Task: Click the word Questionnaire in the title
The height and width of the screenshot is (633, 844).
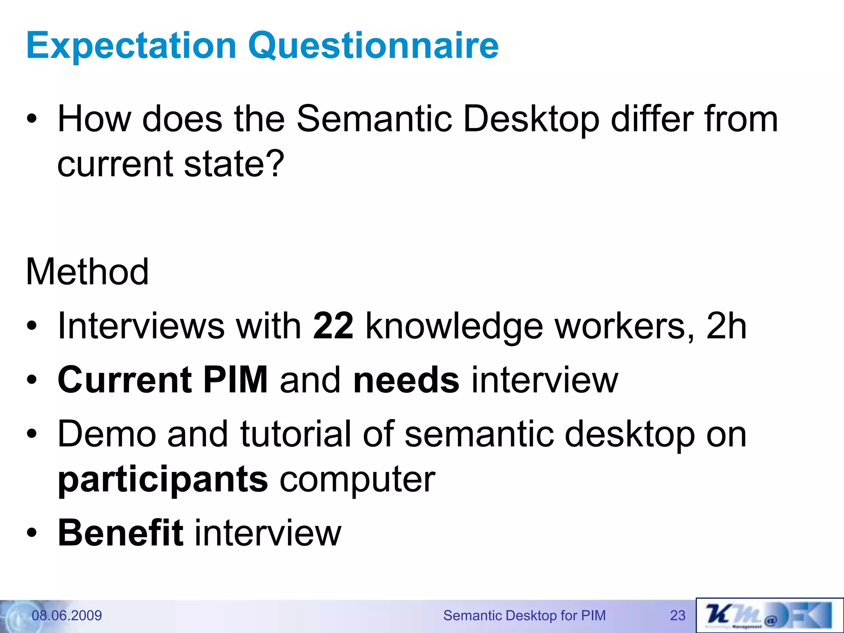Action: (373, 46)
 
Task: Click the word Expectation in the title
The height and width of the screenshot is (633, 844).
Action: (131, 46)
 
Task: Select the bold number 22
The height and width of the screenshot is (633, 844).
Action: (333, 326)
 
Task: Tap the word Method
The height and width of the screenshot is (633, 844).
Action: (87, 272)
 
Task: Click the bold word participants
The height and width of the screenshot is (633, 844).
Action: (163, 479)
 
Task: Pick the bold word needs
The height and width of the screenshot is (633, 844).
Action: (406, 380)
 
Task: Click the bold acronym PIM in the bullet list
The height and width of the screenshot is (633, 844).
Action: (235, 380)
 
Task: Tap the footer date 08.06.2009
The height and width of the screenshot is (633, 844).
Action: (67, 616)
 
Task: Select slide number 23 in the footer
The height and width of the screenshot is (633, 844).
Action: (678, 616)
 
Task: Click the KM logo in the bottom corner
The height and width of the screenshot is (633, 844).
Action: (769, 615)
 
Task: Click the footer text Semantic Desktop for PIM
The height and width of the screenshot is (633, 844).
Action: (524, 616)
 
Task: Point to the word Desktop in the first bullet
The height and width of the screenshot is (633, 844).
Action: (531, 120)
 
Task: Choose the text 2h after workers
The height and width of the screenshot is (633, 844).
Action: (726, 326)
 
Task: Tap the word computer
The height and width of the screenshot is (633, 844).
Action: (357, 479)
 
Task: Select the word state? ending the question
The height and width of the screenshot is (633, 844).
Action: (234, 164)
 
